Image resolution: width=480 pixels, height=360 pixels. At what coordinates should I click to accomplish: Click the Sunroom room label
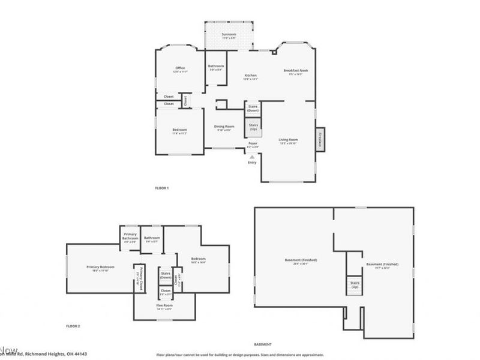(x=229, y=35)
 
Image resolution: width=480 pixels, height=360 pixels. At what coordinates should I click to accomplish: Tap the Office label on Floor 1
(x=180, y=68)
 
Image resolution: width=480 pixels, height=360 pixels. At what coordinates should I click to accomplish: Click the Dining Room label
(x=224, y=127)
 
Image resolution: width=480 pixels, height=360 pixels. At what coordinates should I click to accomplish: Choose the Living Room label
(x=288, y=140)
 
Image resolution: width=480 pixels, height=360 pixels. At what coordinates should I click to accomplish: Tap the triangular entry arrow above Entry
(x=252, y=157)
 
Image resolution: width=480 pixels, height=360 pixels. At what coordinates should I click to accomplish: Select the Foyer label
(x=253, y=144)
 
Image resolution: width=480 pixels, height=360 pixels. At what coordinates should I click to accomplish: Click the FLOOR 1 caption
(x=162, y=188)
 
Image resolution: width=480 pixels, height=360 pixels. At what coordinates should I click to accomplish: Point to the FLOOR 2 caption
(x=73, y=326)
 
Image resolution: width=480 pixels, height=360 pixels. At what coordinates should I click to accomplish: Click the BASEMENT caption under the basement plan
(x=263, y=344)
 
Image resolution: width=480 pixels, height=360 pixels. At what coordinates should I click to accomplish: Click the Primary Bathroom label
(x=130, y=237)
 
